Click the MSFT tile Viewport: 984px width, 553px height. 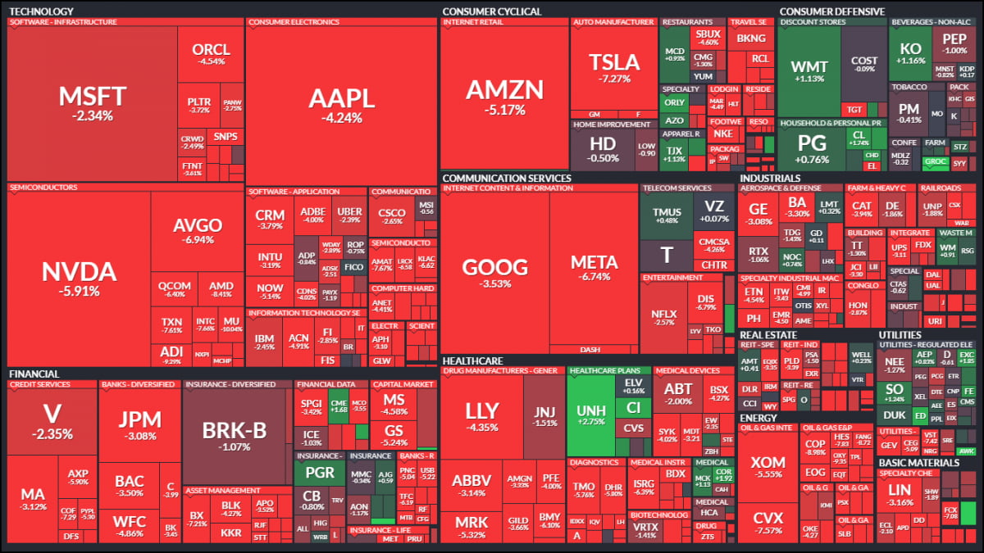(92, 103)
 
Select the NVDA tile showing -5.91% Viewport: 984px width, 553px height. (80, 279)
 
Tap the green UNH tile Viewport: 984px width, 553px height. (590, 414)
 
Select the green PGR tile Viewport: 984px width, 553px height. (320, 473)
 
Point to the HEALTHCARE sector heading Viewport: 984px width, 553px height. (471, 360)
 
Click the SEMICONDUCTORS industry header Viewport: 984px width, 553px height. (43, 187)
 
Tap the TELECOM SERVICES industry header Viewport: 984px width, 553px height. (676, 188)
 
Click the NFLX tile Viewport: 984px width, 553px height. (663, 317)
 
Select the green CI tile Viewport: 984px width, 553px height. (633, 407)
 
